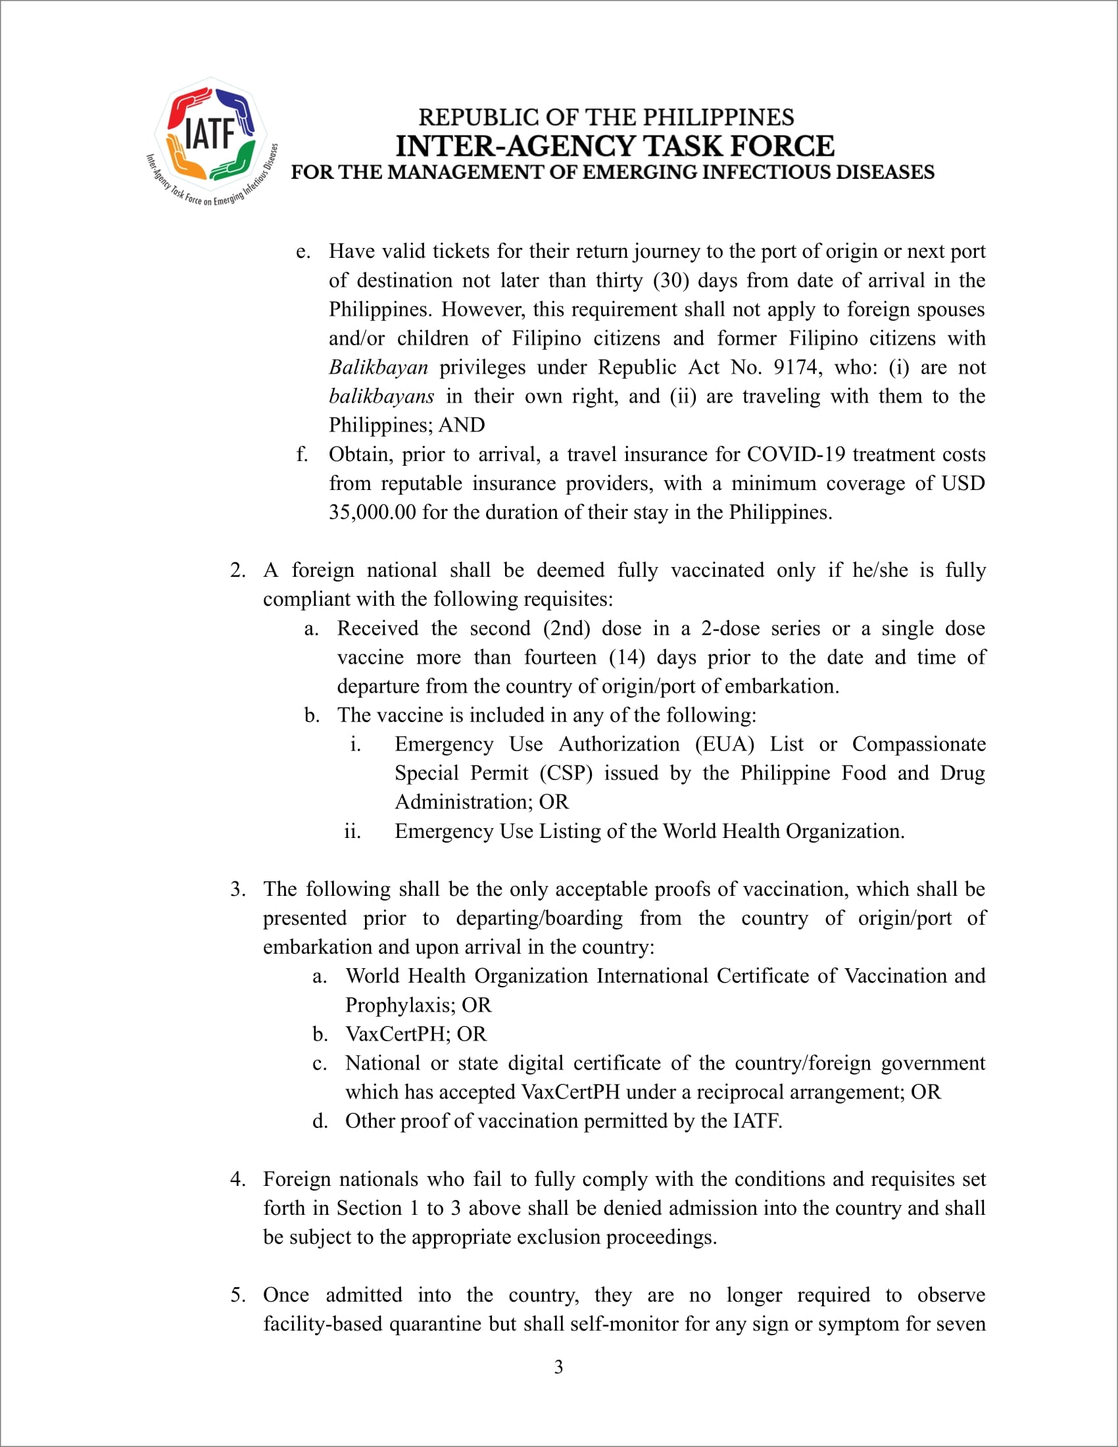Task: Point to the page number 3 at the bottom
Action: (558, 1367)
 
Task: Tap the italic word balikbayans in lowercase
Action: (381, 396)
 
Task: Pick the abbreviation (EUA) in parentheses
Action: (724, 744)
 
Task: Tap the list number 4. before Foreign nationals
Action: (238, 1179)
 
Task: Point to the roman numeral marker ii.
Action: (352, 831)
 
